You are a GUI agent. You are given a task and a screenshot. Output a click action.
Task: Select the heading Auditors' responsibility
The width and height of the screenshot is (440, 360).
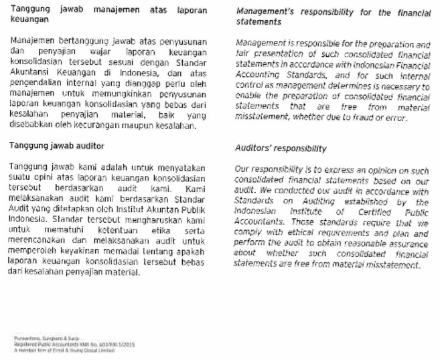point(281,149)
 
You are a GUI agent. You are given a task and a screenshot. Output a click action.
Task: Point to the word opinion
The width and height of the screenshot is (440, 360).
point(377,170)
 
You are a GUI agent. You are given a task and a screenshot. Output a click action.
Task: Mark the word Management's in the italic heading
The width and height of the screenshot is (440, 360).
point(264,13)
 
